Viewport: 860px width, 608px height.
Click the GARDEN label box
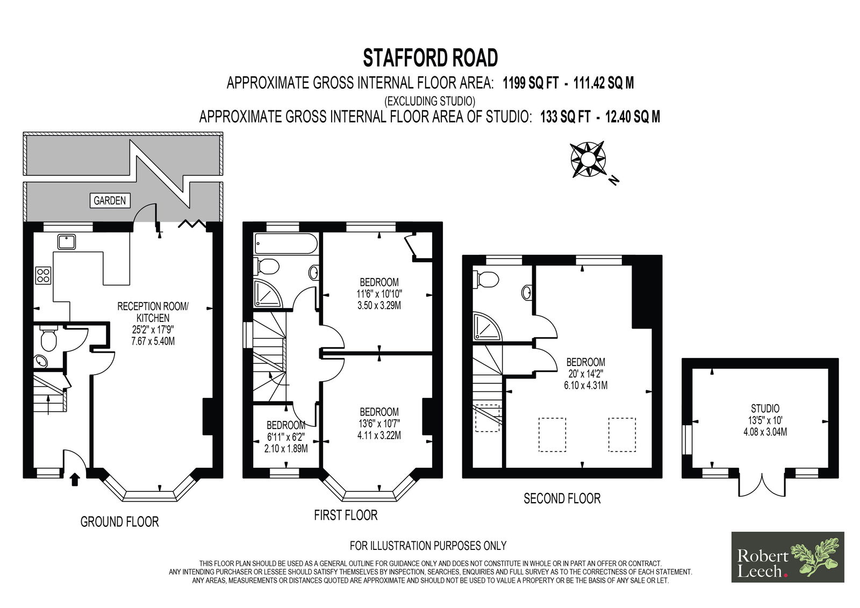[110, 201]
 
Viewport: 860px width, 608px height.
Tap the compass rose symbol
[588, 160]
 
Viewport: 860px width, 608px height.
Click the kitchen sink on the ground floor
[67, 242]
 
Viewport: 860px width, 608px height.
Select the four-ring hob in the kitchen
[43, 275]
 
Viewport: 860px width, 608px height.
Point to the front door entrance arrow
[75, 480]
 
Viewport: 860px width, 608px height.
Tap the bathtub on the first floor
[286, 244]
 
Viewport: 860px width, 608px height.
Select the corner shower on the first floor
[268, 294]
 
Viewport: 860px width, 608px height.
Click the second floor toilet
[486, 279]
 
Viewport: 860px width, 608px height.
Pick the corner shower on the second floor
[487, 327]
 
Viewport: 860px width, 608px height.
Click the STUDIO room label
[765, 408]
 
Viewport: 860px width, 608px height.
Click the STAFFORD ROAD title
[431, 58]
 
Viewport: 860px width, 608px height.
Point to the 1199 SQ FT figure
[531, 83]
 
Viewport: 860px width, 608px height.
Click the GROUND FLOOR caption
[119, 521]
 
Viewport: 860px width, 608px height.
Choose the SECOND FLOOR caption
[562, 498]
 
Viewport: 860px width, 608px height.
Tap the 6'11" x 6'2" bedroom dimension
[285, 437]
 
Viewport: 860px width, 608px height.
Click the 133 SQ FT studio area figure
[565, 116]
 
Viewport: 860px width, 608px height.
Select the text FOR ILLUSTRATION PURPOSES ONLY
[428, 546]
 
